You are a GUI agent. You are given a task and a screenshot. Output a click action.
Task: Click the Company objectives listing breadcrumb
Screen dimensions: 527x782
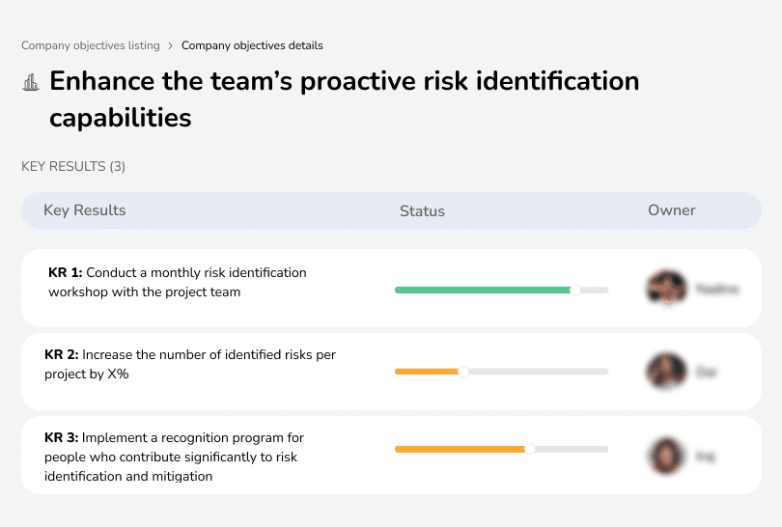tap(91, 45)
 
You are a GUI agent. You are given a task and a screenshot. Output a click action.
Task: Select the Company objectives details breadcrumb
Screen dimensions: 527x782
tap(252, 45)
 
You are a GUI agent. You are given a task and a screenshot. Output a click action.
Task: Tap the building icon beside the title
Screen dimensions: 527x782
tap(31, 82)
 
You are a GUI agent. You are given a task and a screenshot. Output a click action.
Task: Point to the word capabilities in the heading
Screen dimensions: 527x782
tap(120, 118)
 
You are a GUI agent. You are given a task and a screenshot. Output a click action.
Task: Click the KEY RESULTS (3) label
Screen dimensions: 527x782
tap(73, 166)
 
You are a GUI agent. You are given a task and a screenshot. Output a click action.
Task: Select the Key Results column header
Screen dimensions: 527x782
tap(85, 210)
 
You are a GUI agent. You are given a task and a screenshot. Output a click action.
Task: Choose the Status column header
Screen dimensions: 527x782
tap(422, 210)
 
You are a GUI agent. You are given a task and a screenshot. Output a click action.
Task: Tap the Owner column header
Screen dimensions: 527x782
tap(672, 210)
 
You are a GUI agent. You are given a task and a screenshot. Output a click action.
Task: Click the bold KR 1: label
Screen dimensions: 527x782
tap(66, 273)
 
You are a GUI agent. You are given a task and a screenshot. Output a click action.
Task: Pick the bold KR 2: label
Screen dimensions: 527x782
tap(62, 355)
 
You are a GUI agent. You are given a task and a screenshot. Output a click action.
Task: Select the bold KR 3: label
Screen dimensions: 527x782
tap(62, 438)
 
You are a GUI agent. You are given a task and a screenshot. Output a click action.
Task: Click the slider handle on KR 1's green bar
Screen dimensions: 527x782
tap(575, 290)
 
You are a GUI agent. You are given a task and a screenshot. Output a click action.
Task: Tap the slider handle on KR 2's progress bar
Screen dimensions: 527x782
tap(462, 372)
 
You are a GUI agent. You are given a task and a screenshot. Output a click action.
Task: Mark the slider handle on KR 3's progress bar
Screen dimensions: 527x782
tap(529, 449)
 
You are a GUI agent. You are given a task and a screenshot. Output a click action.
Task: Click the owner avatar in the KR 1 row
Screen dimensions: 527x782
tap(666, 289)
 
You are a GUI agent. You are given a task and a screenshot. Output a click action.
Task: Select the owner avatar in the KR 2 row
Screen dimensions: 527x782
tap(666, 372)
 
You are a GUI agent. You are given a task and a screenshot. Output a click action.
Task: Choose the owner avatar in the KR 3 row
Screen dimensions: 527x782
tap(666, 456)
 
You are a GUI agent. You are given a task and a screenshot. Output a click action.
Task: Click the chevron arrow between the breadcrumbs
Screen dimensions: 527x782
tap(171, 45)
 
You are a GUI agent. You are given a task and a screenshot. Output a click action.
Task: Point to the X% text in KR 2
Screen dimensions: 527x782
tap(115, 374)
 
